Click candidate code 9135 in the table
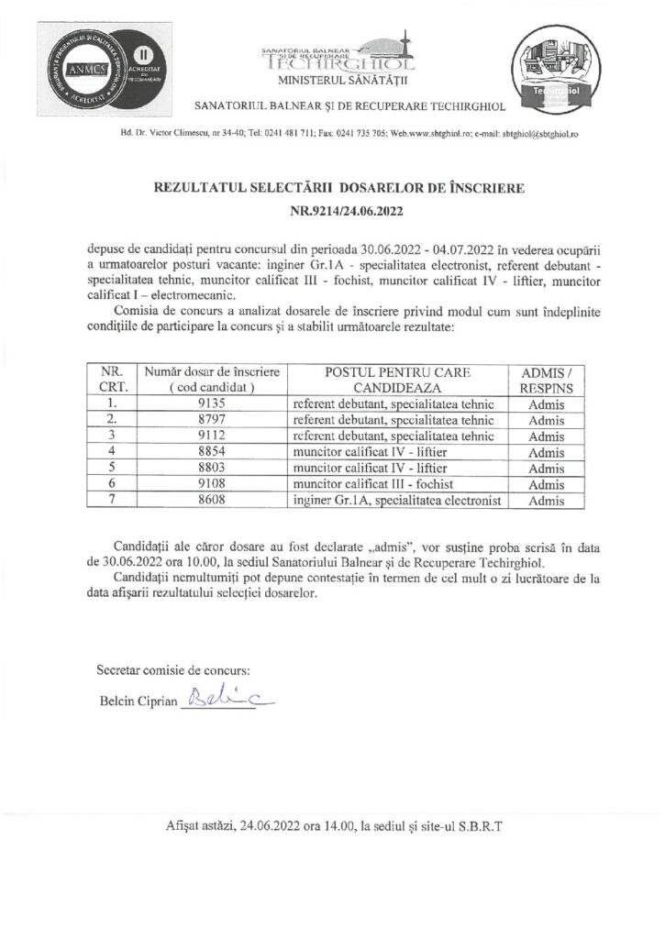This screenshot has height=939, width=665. pos(211,403)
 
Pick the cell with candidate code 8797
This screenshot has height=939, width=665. pos(211,419)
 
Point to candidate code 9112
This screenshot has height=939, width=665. pos(211,436)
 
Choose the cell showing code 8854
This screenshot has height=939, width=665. pos(211,452)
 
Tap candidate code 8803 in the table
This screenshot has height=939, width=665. pos(211,469)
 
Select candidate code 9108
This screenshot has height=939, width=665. pos(211,485)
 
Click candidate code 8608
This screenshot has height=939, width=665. pos(211,502)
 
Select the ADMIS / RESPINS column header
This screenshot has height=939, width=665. pos(547,379)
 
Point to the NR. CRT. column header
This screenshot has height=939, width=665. pos(110,379)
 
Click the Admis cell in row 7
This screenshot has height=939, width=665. pos(547,502)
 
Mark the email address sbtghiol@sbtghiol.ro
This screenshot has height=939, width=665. pos(534,134)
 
